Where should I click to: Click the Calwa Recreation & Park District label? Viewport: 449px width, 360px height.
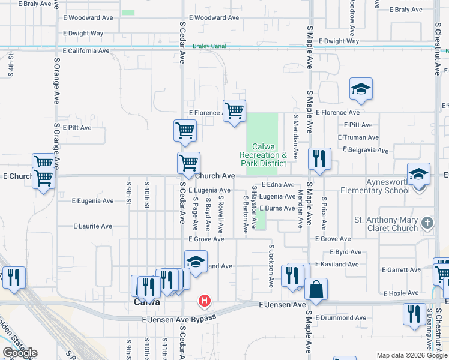(x=264, y=155)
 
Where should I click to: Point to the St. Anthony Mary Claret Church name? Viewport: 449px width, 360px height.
(x=385, y=223)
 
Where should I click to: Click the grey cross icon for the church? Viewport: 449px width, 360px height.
(x=427, y=223)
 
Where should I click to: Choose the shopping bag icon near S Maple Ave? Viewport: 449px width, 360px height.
(x=316, y=290)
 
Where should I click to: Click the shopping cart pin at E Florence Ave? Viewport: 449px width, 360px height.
(x=234, y=111)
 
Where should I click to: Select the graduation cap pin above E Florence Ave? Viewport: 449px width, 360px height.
(x=361, y=89)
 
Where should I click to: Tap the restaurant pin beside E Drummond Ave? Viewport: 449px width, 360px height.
(x=414, y=314)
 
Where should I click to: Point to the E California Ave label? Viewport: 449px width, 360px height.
(x=86, y=51)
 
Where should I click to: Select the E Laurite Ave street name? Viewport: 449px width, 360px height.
(x=92, y=227)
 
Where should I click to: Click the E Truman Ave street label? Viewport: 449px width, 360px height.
(x=358, y=137)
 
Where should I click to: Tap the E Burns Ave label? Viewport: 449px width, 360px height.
(x=277, y=208)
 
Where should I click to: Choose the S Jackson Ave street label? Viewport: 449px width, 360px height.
(x=271, y=265)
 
